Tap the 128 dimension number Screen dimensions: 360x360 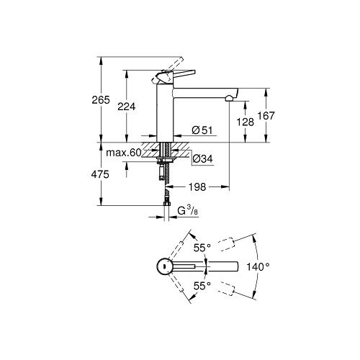click(246, 122)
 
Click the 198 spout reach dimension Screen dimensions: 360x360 click(198, 186)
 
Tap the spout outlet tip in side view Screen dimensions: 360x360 click(229, 98)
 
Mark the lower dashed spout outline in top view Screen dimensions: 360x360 click(227, 290)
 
